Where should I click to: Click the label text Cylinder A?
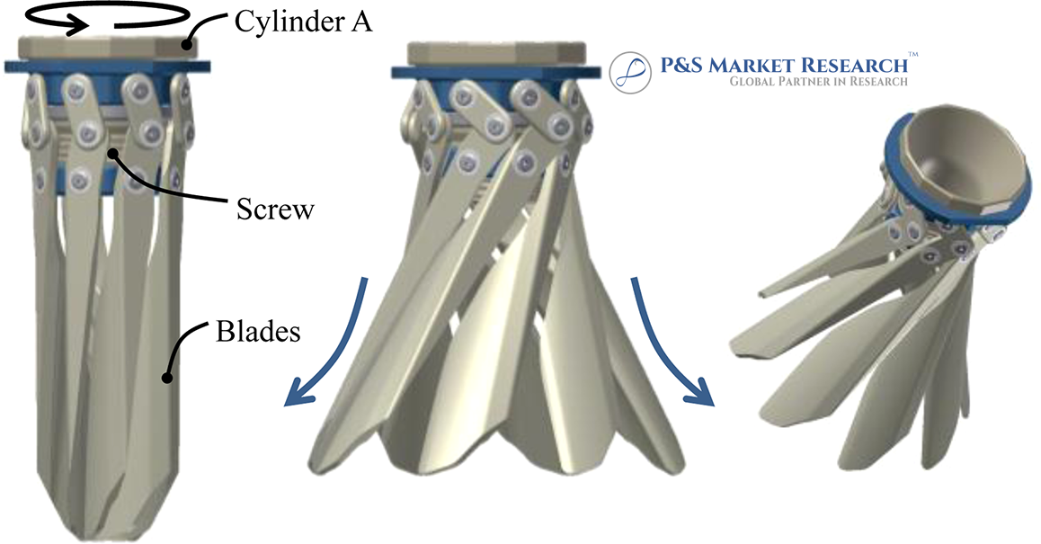click(x=304, y=22)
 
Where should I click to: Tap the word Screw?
click(x=275, y=210)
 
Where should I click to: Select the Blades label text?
click(x=258, y=331)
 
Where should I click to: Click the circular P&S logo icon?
click(x=630, y=73)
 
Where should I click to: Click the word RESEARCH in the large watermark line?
click(x=854, y=65)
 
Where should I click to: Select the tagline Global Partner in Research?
click(x=819, y=82)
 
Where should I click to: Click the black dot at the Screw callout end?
click(x=113, y=154)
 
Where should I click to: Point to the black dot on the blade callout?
click(x=167, y=378)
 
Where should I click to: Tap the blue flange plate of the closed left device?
click(x=108, y=67)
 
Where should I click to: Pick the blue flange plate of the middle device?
click(x=496, y=73)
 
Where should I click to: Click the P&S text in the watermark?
click(x=681, y=65)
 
